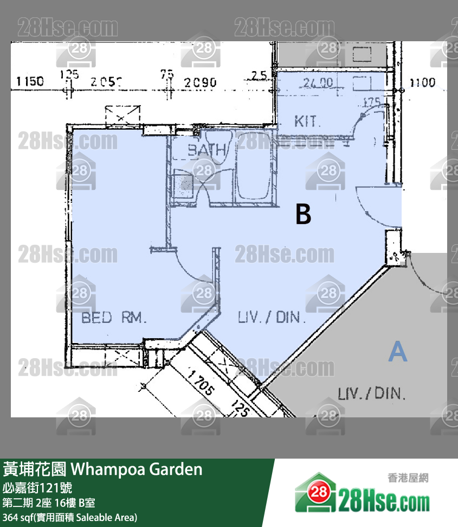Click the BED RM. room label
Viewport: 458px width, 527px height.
114,318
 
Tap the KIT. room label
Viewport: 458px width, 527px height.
308,120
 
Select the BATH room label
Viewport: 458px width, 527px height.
207,150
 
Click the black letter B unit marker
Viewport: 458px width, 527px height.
304,214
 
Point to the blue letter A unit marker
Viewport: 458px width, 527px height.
398,353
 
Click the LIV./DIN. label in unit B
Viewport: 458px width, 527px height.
272,318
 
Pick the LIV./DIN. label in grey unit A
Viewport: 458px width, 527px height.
372,393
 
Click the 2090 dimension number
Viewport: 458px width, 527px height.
200,82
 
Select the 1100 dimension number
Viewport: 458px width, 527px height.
422,82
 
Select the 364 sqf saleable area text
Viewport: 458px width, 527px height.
70,517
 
